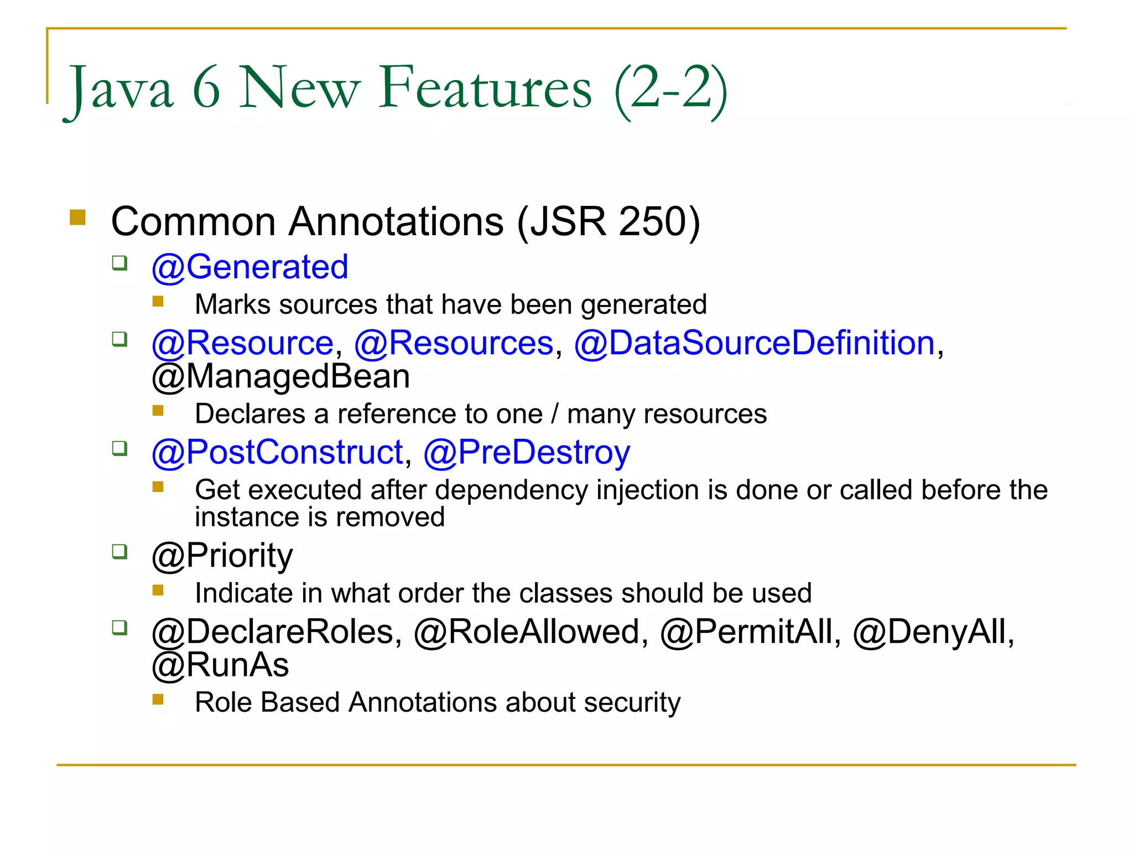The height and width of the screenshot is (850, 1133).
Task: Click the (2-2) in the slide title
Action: tap(670, 89)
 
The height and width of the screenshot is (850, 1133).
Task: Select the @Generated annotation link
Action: tap(250, 267)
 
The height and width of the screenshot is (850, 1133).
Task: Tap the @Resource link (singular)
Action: tap(242, 343)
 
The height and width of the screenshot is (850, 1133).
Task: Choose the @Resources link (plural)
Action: tap(454, 343)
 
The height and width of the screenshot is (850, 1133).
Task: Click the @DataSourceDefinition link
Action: tap(755, 343)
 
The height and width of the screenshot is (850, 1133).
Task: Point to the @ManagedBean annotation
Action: tap(281, 377)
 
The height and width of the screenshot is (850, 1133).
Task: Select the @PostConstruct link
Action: tap(278, 453)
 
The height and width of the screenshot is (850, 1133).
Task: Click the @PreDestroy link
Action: tap(527, 453)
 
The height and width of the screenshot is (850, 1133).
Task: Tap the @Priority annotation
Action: tap(222, 556)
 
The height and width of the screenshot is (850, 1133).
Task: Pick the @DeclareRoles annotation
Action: tap(273, 632)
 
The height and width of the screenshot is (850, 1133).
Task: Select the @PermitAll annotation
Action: tap(747, 632)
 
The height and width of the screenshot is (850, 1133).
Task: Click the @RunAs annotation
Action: tap(220, 665)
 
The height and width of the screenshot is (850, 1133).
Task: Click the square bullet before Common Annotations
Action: tap(78, 217)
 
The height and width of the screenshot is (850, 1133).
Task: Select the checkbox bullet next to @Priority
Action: tap(119, 551)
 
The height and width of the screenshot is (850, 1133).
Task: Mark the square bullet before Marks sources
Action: tap(158, 302)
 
